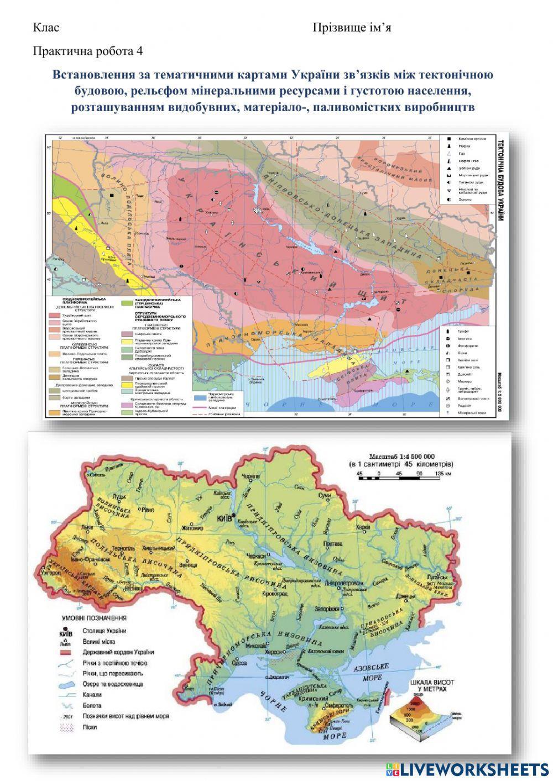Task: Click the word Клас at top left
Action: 46,28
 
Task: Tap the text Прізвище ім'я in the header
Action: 352,28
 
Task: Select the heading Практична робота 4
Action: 88,51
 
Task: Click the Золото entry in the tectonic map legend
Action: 463,199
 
